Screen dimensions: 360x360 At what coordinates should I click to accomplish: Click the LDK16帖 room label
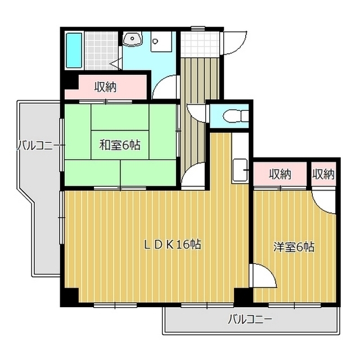[x=172, y=245]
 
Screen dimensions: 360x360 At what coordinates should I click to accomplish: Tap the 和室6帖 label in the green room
[x=120, y=145]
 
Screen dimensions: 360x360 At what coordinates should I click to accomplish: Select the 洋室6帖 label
[x=294, y=246]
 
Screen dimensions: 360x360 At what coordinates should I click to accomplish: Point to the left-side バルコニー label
[x=35, y=145]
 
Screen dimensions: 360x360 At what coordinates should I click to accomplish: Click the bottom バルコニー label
[x=250, y=320]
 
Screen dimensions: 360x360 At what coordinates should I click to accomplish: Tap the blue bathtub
[x=74, y=50]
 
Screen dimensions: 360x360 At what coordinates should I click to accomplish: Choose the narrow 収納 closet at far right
[x=323, y=174]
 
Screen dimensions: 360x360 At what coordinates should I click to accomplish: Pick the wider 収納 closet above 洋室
[x=280, y=174]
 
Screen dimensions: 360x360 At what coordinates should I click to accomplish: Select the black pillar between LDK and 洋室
[x=244, y=296]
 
